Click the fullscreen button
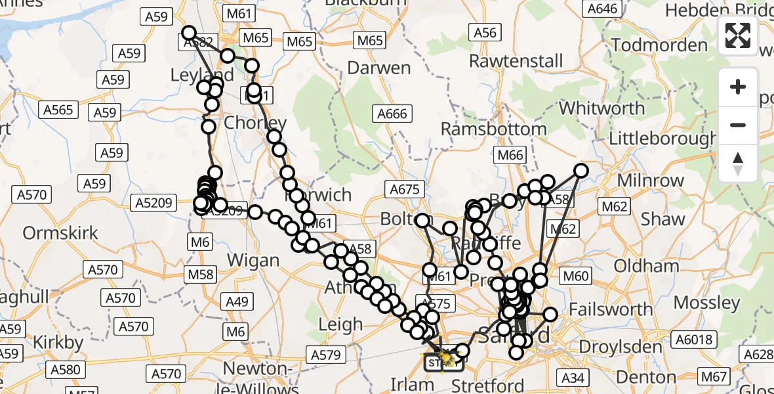[738, 35]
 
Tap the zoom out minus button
[738, 125]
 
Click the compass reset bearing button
[738, 163]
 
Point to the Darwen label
[378, 68]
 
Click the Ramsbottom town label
[493, 129]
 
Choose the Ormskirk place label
[60, 232]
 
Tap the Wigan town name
[253, 260]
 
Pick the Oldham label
[646, 266]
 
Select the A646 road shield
[603, 9]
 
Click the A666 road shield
[392, 114]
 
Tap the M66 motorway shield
[510, 156]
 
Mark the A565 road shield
[58, 110]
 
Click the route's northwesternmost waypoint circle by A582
[189, 33]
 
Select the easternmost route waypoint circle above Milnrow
[581, 171]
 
